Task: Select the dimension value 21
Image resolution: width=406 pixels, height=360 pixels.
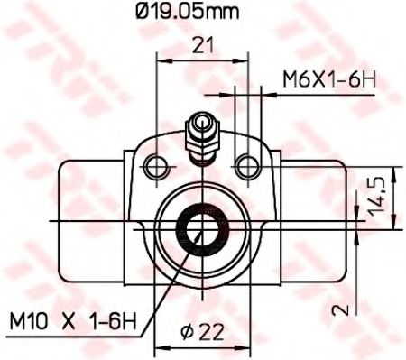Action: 201,42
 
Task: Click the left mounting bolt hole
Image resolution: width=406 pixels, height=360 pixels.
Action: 158,164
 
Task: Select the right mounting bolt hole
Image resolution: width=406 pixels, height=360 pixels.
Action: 245,164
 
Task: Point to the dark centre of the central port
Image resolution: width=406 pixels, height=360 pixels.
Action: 200,229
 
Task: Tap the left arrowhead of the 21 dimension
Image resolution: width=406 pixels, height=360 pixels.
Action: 161,57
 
